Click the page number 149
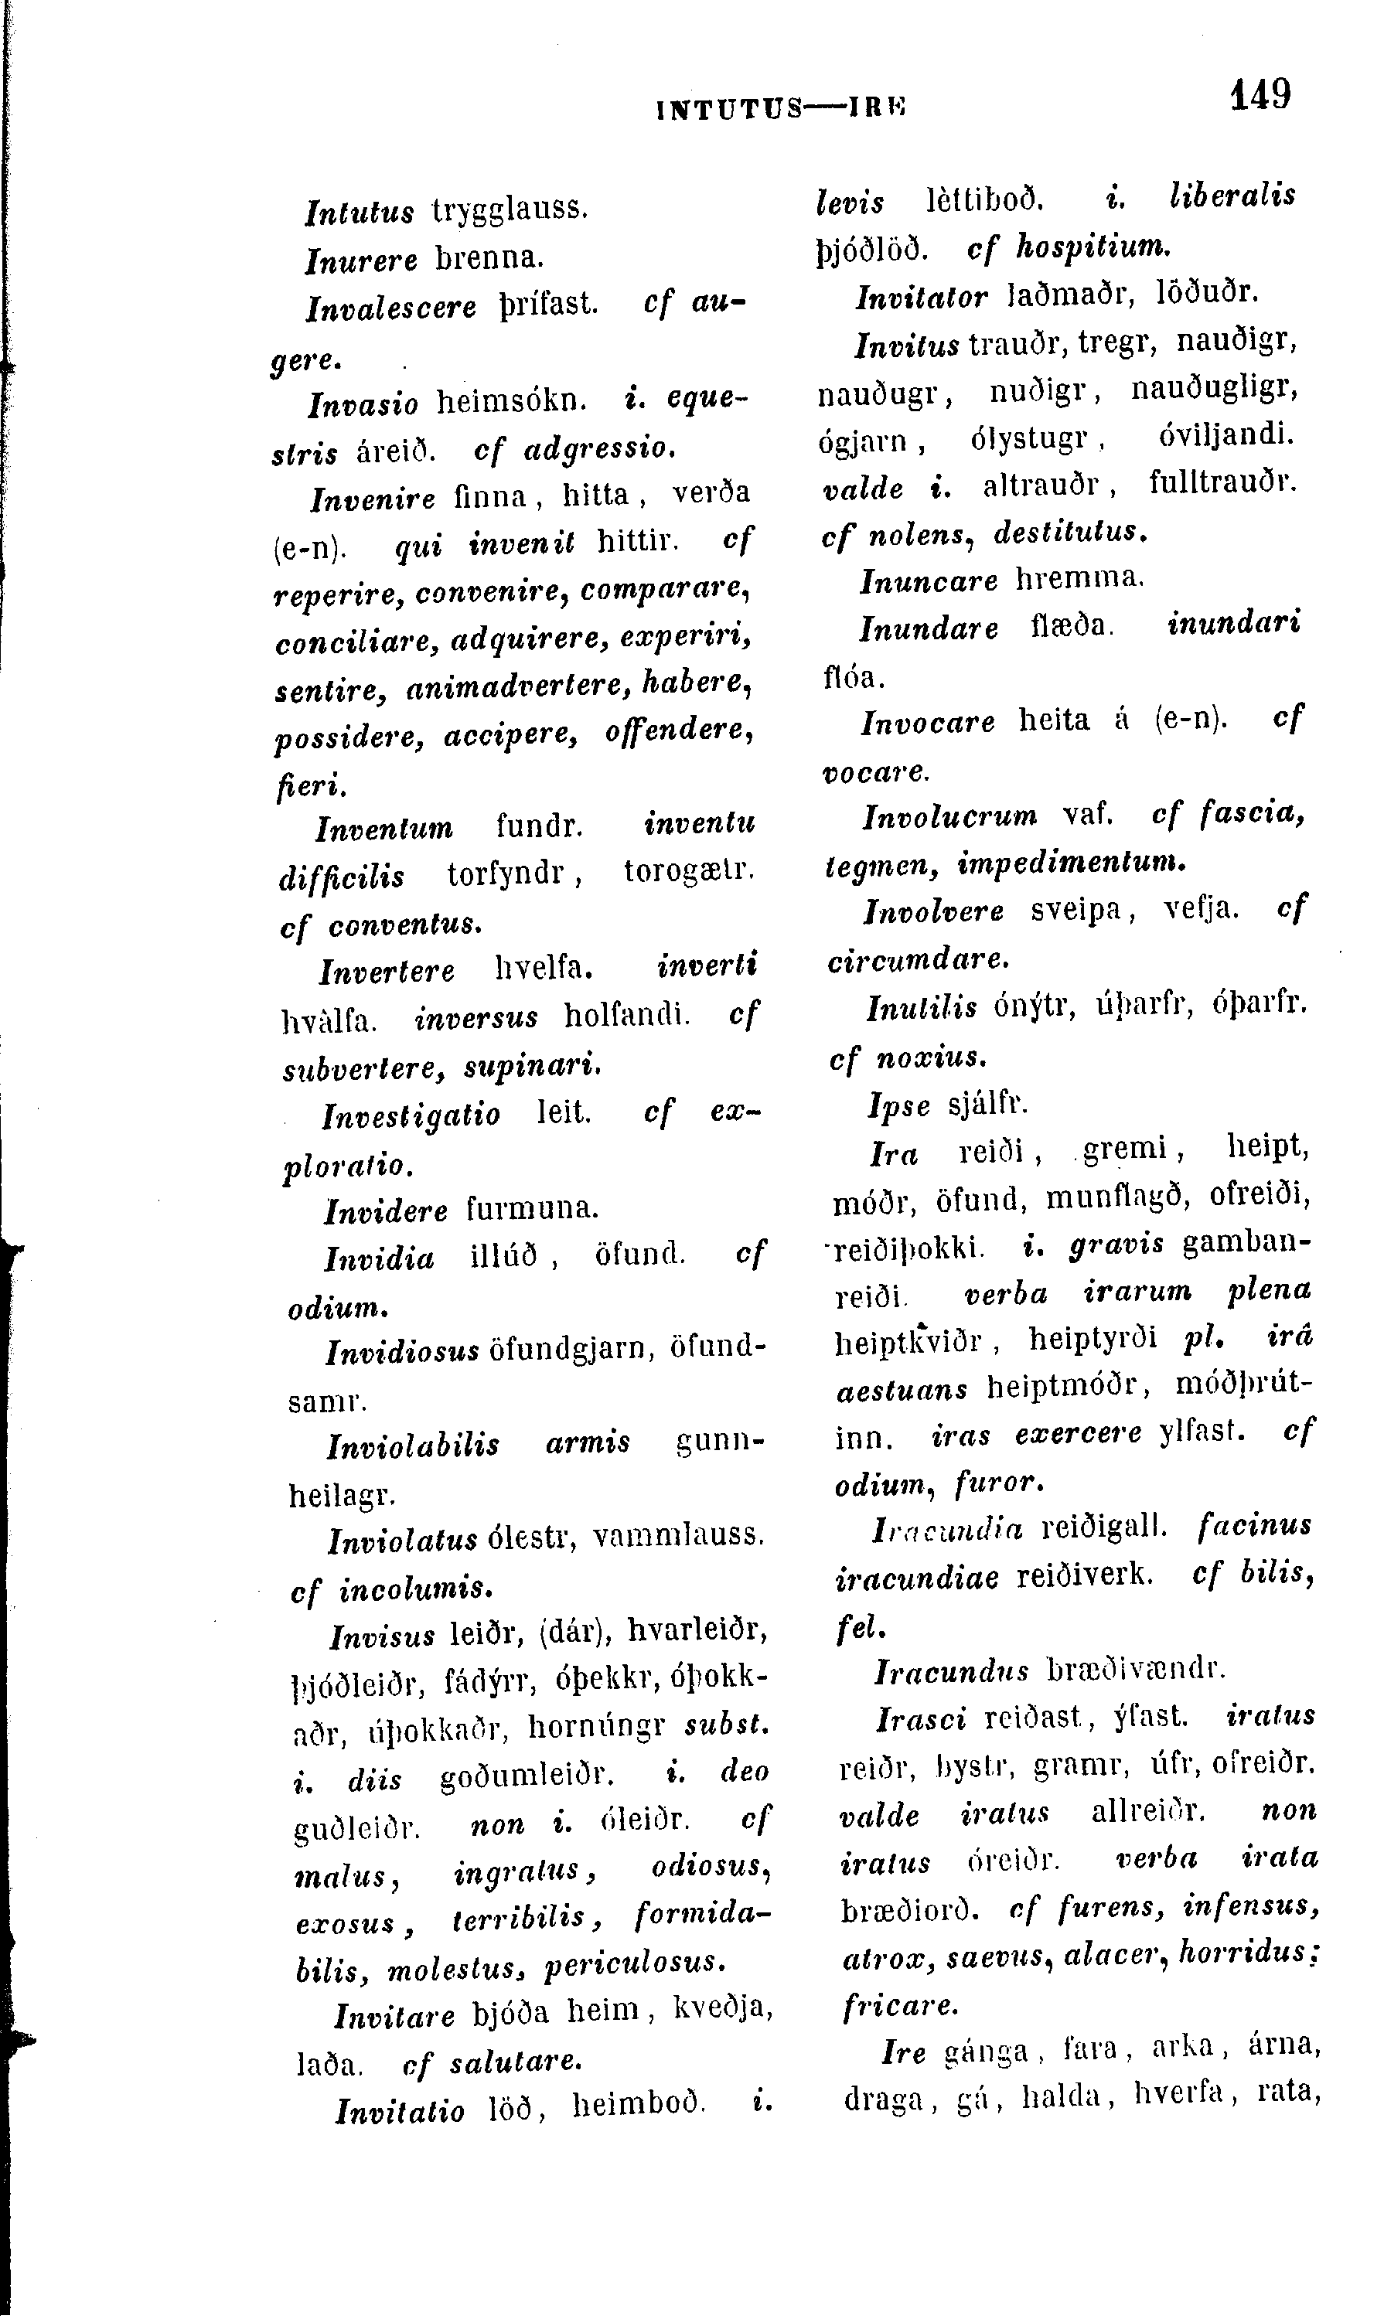(1260, 94)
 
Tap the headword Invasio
(363, 403)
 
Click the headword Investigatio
(411, 1115)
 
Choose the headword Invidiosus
(403, 1352)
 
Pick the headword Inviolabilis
(413, 1447)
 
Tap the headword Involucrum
(949, 818)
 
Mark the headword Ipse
(899, 1106)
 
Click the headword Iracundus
(951, 1671)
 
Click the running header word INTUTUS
(729, 109)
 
